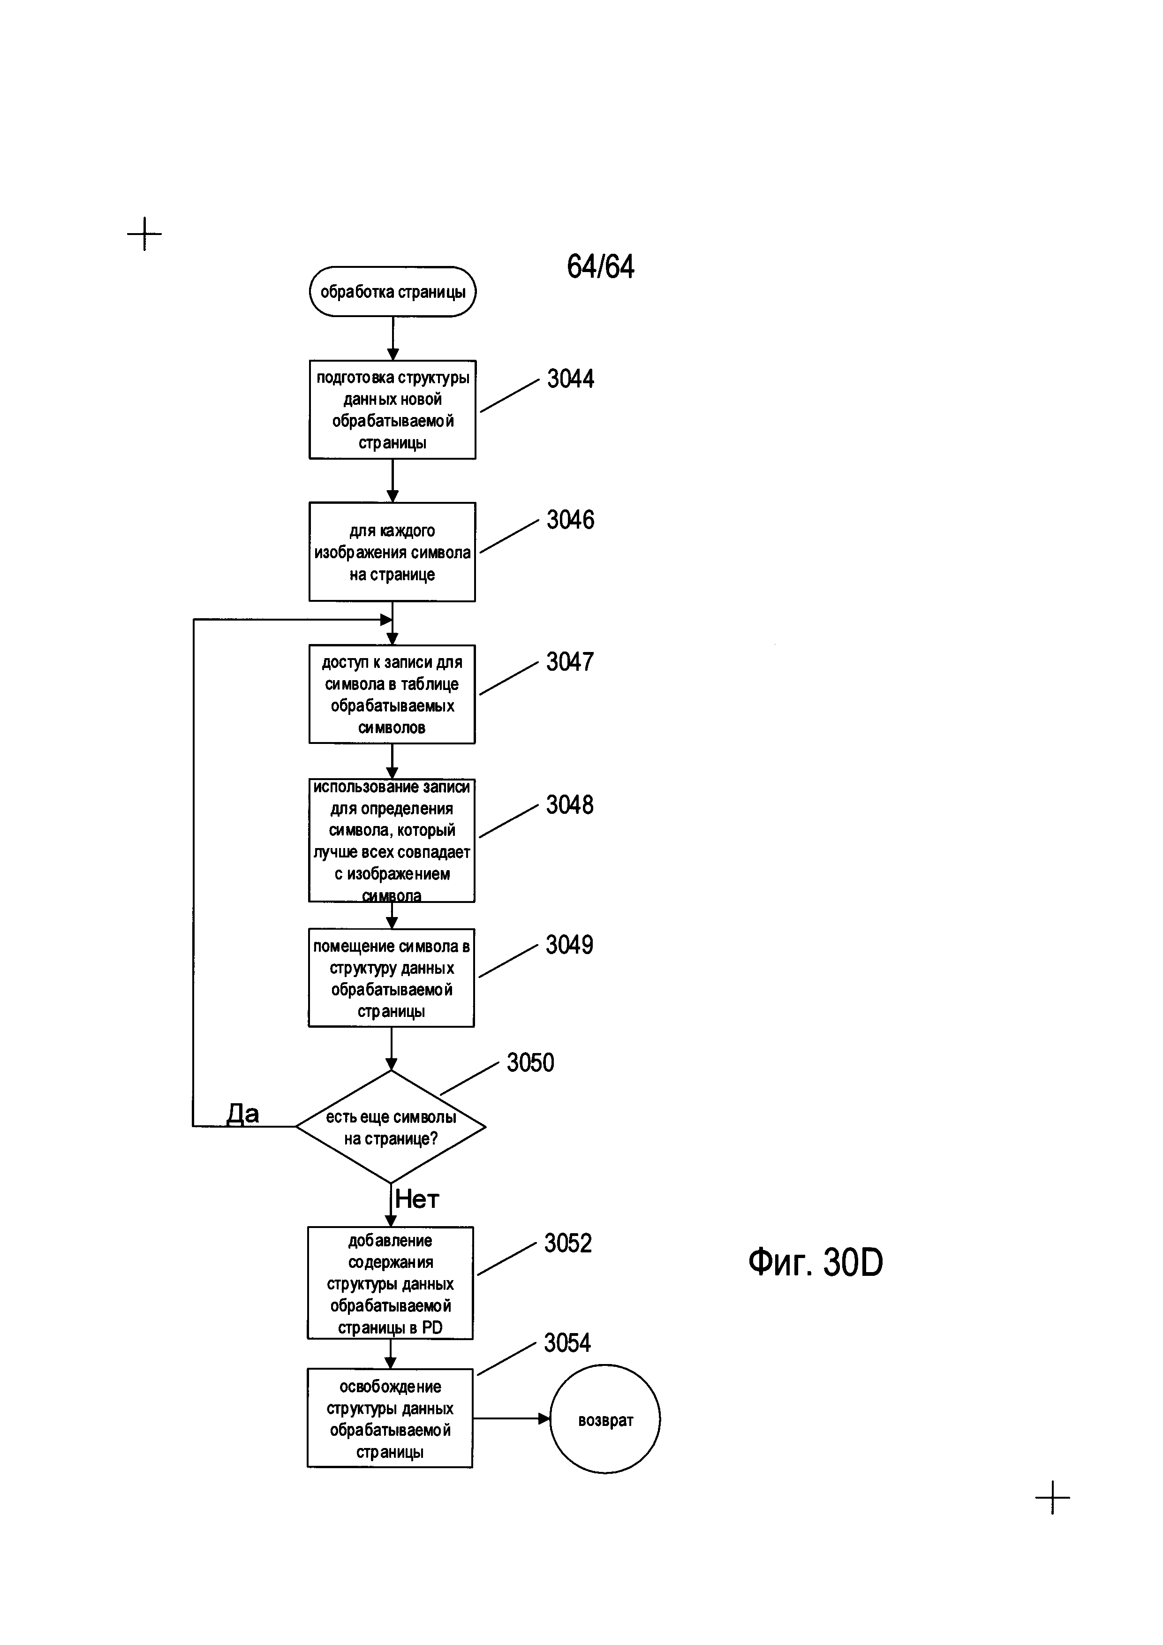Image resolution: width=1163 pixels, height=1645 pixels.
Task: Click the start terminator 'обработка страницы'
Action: tap(393, 292)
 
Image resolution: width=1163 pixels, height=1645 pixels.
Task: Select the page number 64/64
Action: tap(600, 266)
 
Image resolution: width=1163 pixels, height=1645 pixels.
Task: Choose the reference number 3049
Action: tap(569, 945)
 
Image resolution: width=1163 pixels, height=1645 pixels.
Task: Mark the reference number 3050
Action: tap(530, 1062)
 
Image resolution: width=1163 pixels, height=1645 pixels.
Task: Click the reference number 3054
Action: tap(567, 1342)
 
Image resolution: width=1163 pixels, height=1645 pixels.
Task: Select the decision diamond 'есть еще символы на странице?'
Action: tap(391, 1126)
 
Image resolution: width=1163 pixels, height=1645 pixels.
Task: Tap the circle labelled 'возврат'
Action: tap(605, 1418)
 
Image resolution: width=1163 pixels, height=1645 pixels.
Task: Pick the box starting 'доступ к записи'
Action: tap(392, 694)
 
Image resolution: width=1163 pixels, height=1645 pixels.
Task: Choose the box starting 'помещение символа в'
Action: tap(391, 978)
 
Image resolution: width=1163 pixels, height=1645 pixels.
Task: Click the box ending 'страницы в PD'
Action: tap(390, 1283)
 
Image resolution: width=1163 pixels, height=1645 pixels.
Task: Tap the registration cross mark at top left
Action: tap(144, 234)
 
